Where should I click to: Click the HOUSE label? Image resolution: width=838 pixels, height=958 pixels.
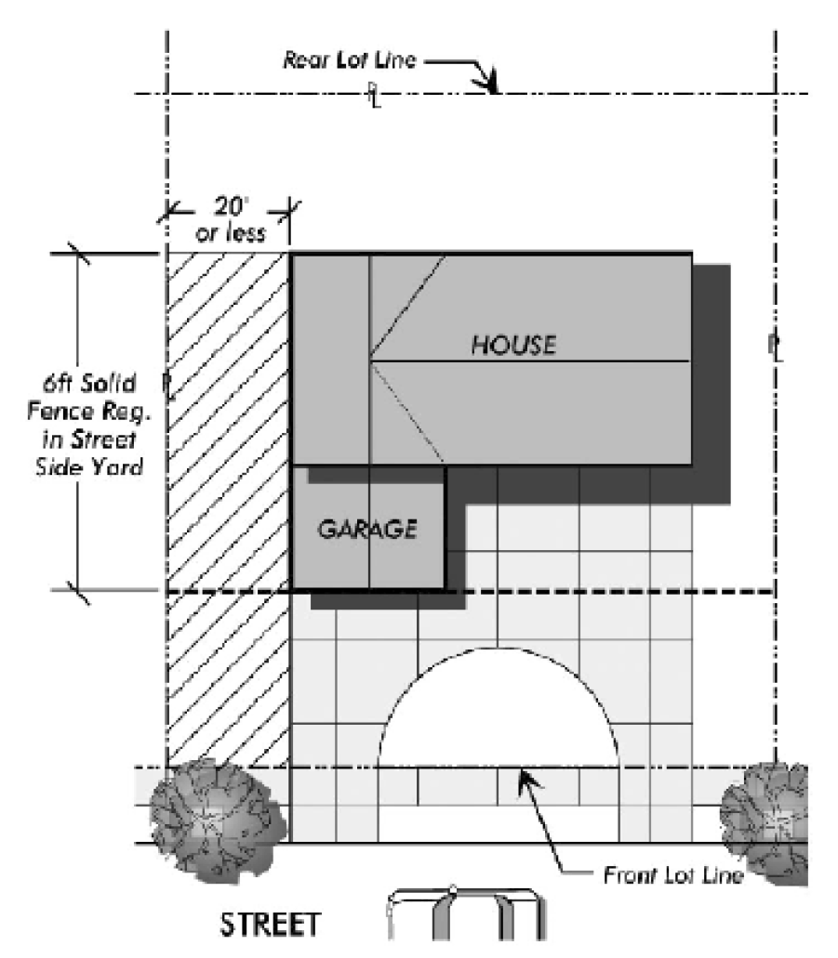click(513, 346)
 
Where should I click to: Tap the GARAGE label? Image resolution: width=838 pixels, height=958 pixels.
click(366, 530)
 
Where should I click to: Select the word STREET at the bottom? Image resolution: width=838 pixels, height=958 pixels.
click(271, 925)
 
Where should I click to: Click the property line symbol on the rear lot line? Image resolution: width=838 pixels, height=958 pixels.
click(373, 93)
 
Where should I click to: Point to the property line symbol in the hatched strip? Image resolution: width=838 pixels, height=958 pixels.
click(167, 382)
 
